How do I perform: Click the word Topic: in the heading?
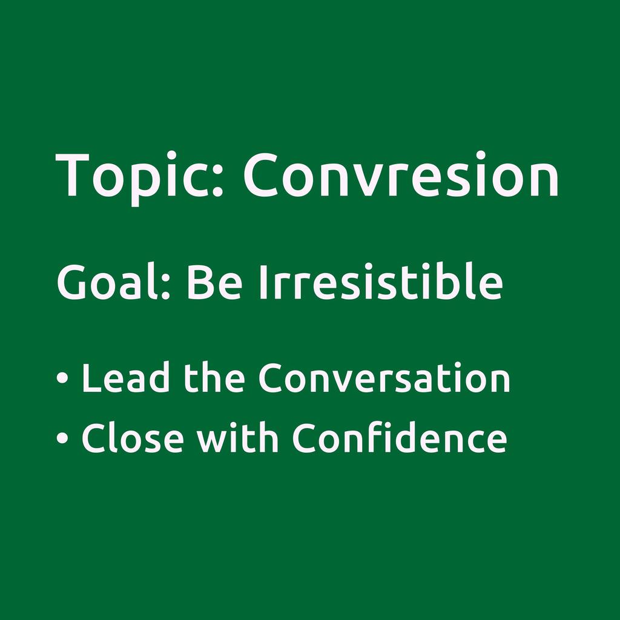(140, 178)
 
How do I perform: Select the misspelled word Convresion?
(401, 174)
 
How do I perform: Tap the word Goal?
(113, 281)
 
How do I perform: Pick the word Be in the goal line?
(214, 282)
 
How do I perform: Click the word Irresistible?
(381, 280)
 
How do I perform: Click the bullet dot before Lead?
(62, 377)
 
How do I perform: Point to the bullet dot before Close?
(62, 438)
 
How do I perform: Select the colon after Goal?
(166, 287)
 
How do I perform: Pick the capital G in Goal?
(71, 282)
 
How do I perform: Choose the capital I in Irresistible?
(263, 282)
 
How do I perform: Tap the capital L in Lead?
(92, 378)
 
